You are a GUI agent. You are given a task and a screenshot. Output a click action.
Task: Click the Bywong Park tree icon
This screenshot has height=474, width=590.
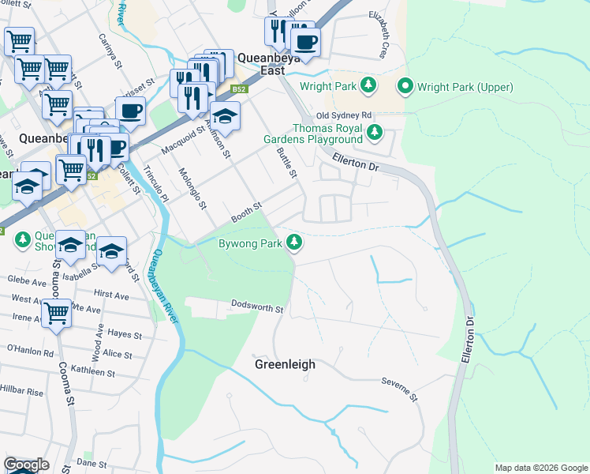(294, 242)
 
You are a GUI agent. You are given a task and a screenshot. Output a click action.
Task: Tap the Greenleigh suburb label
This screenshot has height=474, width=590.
(285, 364)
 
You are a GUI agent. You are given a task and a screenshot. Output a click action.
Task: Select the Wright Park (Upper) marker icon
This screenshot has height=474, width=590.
(406, 85)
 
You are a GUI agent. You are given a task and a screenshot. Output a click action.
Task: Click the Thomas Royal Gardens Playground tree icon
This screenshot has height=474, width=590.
(377, 131)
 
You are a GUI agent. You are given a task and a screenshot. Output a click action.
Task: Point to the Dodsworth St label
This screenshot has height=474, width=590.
(257, 307)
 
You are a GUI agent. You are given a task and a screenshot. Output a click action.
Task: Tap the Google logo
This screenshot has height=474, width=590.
(26, 465)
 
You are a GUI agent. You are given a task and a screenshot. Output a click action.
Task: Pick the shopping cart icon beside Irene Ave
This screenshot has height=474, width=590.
(57, 314)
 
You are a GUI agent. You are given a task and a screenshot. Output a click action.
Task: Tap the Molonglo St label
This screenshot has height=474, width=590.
(192, 189)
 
